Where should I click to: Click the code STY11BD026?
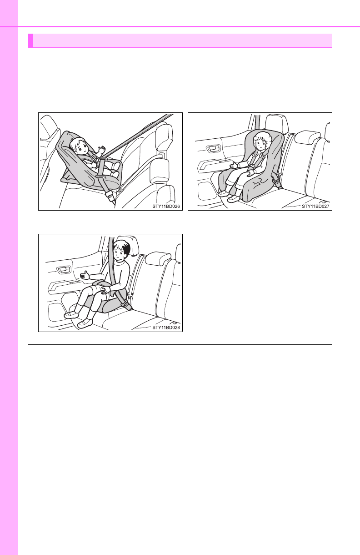point(166,206)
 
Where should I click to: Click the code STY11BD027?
point(315,206)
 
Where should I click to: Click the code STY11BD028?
point(166,328)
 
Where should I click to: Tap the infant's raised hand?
point(101,150)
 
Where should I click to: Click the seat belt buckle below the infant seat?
point(109,196)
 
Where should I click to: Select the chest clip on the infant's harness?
point(95,157)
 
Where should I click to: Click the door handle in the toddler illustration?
point(213,149)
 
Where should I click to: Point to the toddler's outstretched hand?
point(234,165)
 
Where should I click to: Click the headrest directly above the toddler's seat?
point(276,123)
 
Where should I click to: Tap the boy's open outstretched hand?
point(85,275)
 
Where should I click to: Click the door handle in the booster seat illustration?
point(63,271)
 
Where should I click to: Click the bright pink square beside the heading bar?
point(30,40)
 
